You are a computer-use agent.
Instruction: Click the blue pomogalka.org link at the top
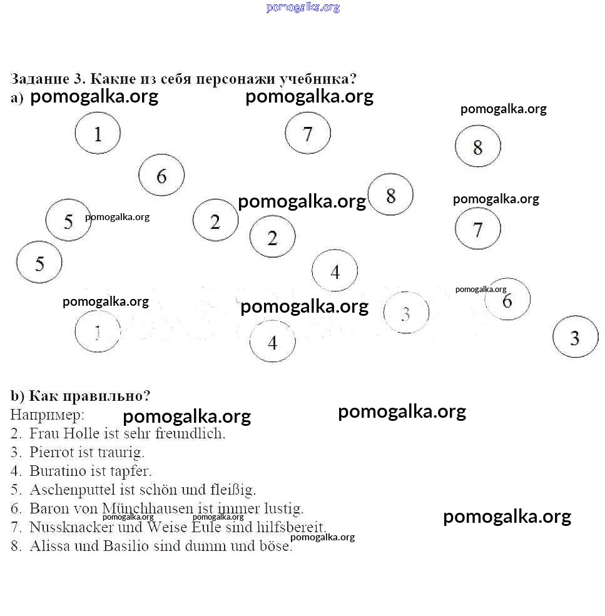click(x=303, y=8)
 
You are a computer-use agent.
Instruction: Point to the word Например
click(x=47, y=414)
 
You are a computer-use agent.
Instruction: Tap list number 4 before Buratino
click(x=16, y=471)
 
